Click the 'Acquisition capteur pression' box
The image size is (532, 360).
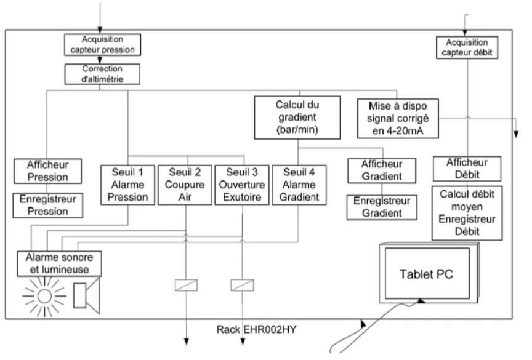pos(102,45)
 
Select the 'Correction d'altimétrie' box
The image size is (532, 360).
pos(102,74)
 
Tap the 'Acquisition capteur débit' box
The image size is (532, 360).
pos(467,47)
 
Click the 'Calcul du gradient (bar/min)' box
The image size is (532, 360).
pos(297,118)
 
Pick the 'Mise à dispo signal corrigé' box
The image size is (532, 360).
pos(398,118)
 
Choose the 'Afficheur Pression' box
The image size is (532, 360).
pos(47,171)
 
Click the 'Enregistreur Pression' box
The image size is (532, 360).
pos(47,206)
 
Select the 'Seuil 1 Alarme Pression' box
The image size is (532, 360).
pos(127,185)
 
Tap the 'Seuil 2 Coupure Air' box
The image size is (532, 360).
pos(185,185)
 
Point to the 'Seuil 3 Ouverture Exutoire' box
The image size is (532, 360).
pos(242,185)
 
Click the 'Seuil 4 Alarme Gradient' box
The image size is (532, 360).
pos(299,185)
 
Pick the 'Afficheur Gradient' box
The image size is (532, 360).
pos(382,170)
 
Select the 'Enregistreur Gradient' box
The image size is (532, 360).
pos(382,207)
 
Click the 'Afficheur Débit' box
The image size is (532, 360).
pos(467,169)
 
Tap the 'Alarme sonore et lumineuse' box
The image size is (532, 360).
pos(59,263)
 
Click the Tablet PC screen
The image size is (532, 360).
pos(427,273)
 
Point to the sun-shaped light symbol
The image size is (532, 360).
pos(44,296)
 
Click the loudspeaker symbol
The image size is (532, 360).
pos(87,295)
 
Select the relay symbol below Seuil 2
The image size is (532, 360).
pos(187,285)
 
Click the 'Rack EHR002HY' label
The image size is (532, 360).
pos(257,329)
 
